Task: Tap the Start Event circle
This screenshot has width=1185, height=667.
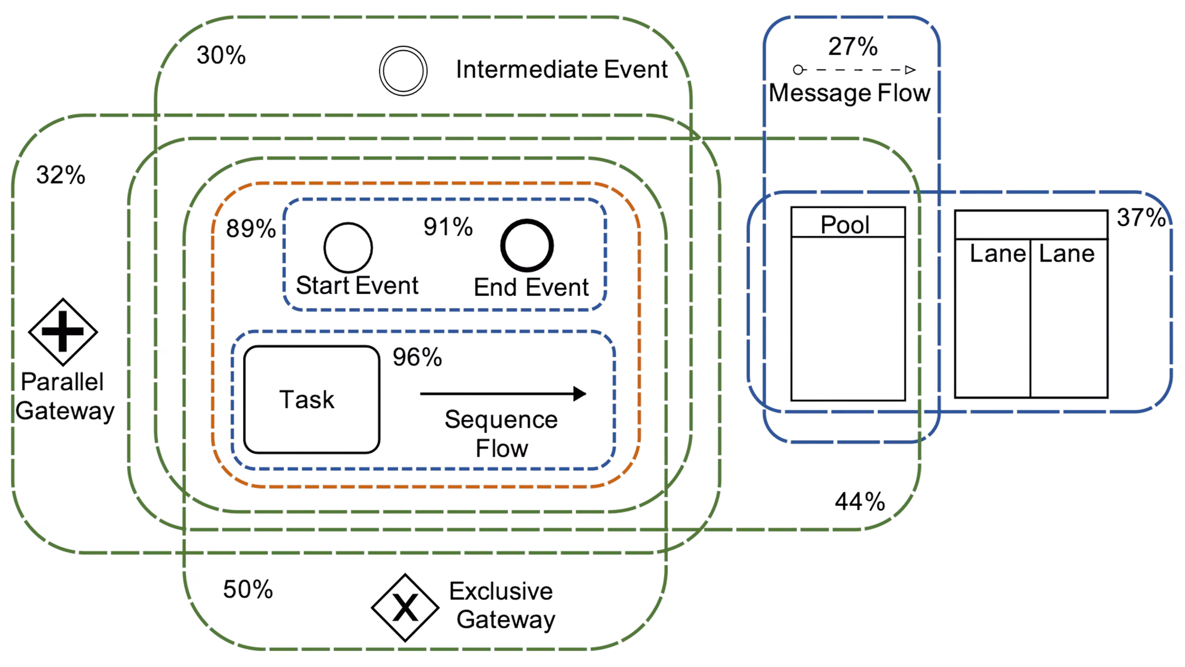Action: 348,247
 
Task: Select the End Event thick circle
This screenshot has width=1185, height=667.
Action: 527,245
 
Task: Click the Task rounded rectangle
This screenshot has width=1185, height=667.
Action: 311,399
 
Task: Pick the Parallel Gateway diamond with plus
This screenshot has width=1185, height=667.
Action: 63,331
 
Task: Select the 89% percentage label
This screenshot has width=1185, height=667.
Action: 251,228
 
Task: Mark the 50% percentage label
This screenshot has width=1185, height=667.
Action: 248,589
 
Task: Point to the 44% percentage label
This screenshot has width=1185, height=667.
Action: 860,501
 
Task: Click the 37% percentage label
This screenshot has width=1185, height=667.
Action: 1141,217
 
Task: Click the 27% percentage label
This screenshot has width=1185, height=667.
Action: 853,46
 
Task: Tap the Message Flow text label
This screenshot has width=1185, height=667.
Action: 850,94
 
